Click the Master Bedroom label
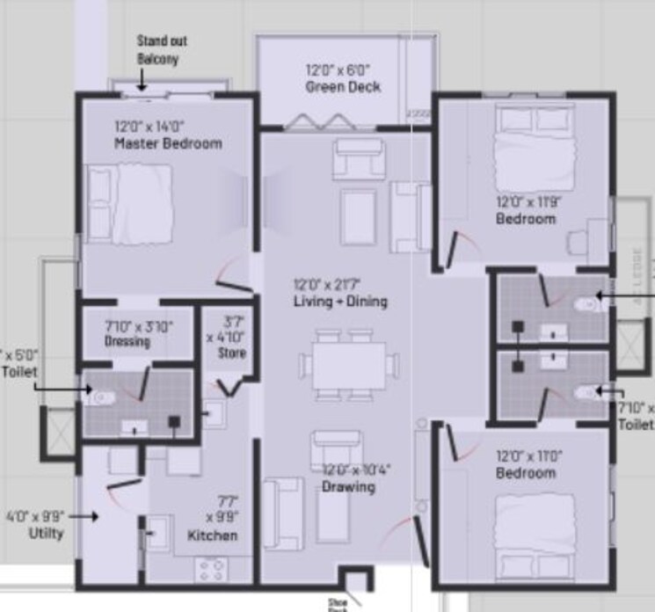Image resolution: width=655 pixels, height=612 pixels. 168,142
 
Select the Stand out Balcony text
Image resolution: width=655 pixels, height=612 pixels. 162,49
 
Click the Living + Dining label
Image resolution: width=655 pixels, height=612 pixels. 340,302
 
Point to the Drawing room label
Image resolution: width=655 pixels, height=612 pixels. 348,486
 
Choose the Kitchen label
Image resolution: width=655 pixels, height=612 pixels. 212,535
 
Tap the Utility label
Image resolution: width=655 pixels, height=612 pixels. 46,533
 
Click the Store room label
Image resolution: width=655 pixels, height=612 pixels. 232,353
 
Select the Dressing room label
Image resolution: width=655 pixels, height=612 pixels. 127,341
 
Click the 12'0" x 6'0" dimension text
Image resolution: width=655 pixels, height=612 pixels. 338,69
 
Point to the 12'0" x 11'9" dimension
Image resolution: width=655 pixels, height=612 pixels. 528,201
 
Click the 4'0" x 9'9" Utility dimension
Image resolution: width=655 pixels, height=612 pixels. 34,517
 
